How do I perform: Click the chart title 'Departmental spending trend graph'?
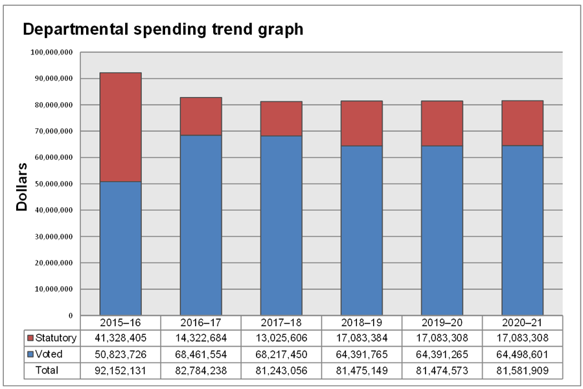[x=163, y=30]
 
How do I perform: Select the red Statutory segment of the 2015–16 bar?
[x=120, y=127]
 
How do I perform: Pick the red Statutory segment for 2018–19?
[x=361, y=123]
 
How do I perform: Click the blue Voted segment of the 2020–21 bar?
[x=522, y=230]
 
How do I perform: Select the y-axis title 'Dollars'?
[x=22, y=187]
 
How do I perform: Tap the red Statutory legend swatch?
[x=30, y=338]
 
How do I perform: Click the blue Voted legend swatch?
[x=30, y=354]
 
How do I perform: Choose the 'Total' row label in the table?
[x=47, y=370]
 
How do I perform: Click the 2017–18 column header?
[x=281, y=322]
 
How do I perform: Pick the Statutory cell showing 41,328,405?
[x=120, y=338]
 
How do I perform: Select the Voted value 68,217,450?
[x=281, y=354]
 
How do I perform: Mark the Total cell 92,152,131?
[x=120, y=370]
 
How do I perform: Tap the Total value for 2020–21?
[x=522, y=370]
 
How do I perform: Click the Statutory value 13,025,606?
[x=281, y=338]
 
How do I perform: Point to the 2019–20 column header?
[x=442, y=322]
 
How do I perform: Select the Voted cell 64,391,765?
[x=361, y=354]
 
